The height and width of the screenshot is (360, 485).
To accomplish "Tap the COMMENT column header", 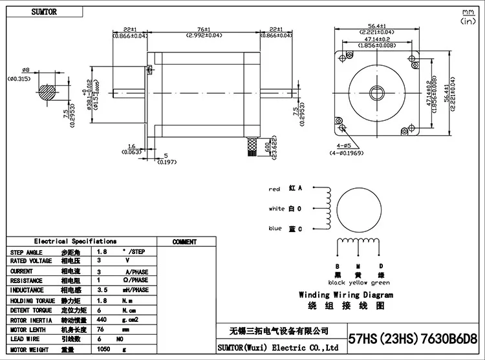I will coord(184,242).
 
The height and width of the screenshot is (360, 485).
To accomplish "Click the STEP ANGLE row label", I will coord(27,252).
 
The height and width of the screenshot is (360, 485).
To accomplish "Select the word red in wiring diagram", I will coord(275,189).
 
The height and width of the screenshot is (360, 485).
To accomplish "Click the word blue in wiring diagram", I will coord(275,229).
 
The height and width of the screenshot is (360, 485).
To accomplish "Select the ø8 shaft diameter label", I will coord(26,70).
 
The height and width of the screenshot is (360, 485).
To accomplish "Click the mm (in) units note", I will coord(466,17).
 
